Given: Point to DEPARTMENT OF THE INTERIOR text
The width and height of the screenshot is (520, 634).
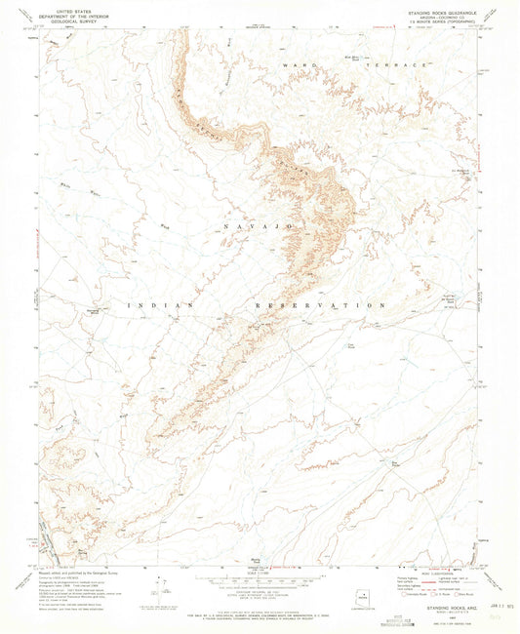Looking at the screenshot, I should pos(69,16).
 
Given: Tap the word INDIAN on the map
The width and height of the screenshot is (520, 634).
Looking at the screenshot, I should pos(154,304).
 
